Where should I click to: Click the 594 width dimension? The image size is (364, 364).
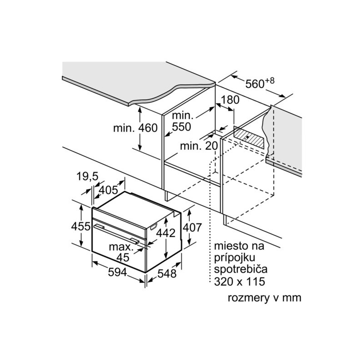click(117, 272)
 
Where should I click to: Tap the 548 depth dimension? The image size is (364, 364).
click(167, 274)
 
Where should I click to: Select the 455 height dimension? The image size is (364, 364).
click(81, 226)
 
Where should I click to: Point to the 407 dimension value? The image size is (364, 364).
click(192, 227)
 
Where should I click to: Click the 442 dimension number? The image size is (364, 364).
click(166, 233)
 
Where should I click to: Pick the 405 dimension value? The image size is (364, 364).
click(108, 190)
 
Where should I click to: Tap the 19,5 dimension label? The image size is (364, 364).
click(88, 177)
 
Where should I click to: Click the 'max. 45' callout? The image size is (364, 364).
click(121, 252)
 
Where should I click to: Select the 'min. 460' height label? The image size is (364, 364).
click(135, 128)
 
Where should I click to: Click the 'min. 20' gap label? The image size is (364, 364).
click(199, 146)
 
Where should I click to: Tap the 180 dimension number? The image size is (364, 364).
click(230, 100)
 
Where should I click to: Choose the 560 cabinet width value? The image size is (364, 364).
click(255, 84)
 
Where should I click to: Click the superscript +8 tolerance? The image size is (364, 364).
click(269, 81)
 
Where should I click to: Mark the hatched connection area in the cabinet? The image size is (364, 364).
click(249, 137)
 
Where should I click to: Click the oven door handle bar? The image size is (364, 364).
click(116, 234)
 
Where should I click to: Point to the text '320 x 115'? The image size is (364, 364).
click(239, 282)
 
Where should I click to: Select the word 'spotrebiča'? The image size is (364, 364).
click(241, 269)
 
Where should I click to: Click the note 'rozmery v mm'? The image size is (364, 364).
click(264, 298)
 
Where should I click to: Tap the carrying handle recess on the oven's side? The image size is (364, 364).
click(154, 227)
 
